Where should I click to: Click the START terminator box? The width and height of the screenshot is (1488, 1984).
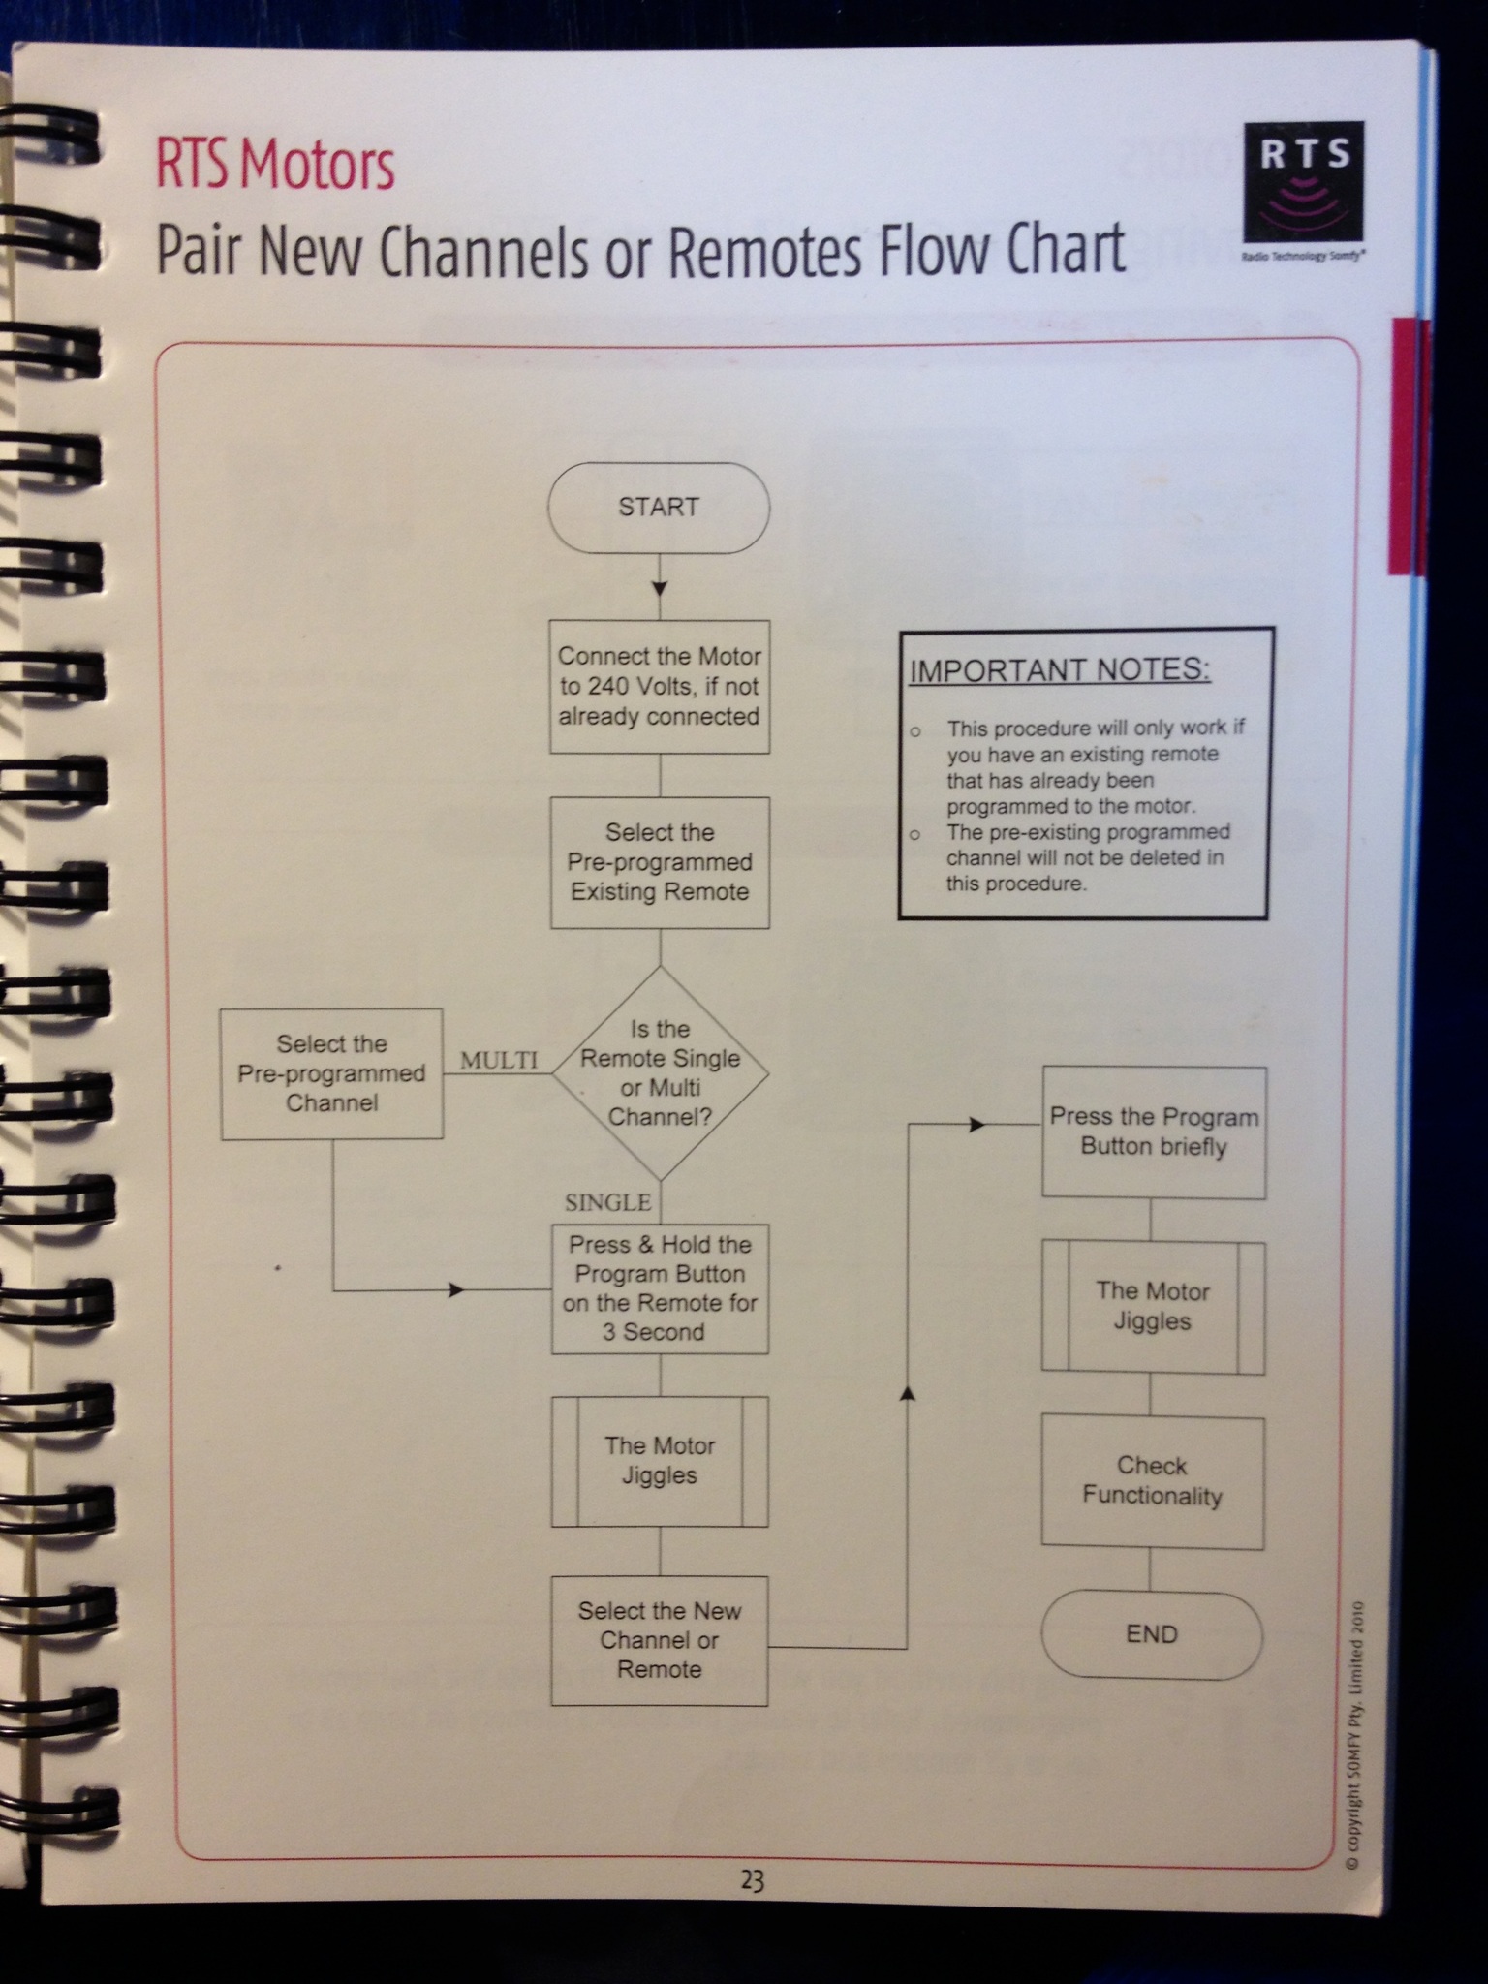(659, 508)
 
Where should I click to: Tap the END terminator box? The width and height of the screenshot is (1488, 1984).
(1152, 1634)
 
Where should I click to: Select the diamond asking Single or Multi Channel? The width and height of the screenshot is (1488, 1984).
(660, 1073)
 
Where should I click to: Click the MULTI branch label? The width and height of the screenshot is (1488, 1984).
(499, 1061)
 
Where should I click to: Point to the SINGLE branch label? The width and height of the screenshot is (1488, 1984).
(607, 1202)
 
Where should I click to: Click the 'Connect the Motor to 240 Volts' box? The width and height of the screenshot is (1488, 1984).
(660, 687)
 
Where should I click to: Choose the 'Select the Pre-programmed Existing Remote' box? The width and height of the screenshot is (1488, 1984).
(660, 862)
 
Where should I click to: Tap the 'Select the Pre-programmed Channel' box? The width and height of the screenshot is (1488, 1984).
(331, 1073)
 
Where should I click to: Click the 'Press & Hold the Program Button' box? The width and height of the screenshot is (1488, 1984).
(660, 1288)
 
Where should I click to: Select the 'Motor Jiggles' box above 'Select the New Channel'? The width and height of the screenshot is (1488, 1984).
(660, 1461)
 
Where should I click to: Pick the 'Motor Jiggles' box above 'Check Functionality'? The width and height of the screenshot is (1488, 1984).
(1153, 1307)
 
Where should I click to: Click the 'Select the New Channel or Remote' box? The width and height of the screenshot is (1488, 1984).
(660, 1640)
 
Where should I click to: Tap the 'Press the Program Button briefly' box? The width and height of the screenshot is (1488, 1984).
(1154, 1132)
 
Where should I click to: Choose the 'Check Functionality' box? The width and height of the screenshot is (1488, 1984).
(1152, 1481)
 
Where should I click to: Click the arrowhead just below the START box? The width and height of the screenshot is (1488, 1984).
(660, 589)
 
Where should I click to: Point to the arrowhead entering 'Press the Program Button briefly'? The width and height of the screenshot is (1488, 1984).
(977, 1125)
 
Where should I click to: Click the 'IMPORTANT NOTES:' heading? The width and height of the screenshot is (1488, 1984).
(1060, 670)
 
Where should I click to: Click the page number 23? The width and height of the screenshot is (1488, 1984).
(753, 1881)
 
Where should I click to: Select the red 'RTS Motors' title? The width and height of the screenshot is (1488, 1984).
(275, 166)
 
